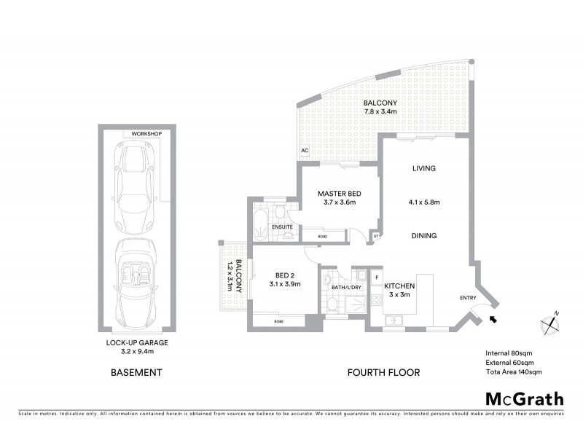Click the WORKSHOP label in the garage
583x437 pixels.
pos(146,134)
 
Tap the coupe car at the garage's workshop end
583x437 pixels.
pos(136,178)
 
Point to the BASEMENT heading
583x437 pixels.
pos(136,373)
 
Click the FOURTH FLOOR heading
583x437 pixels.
pos(383,373)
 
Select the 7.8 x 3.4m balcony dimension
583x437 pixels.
pos(380,112)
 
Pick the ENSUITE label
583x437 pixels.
pos(283,227)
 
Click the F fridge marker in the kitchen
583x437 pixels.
pos(377,277)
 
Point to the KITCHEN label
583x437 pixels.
pos(399,287)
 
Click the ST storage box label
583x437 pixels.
pos(377,236)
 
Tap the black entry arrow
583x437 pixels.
pos(494,318)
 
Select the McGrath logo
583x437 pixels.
pos(524,398)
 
